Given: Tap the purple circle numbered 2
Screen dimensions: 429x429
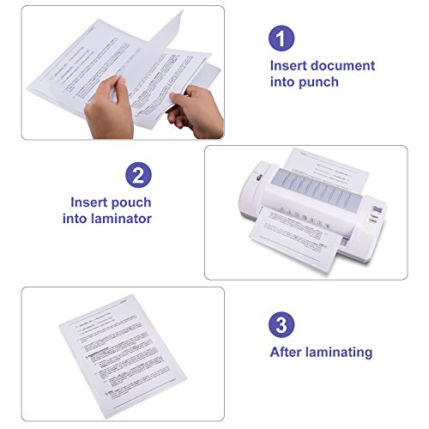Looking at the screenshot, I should coord(139,175).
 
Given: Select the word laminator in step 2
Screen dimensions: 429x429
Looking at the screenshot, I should coord(120,219).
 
